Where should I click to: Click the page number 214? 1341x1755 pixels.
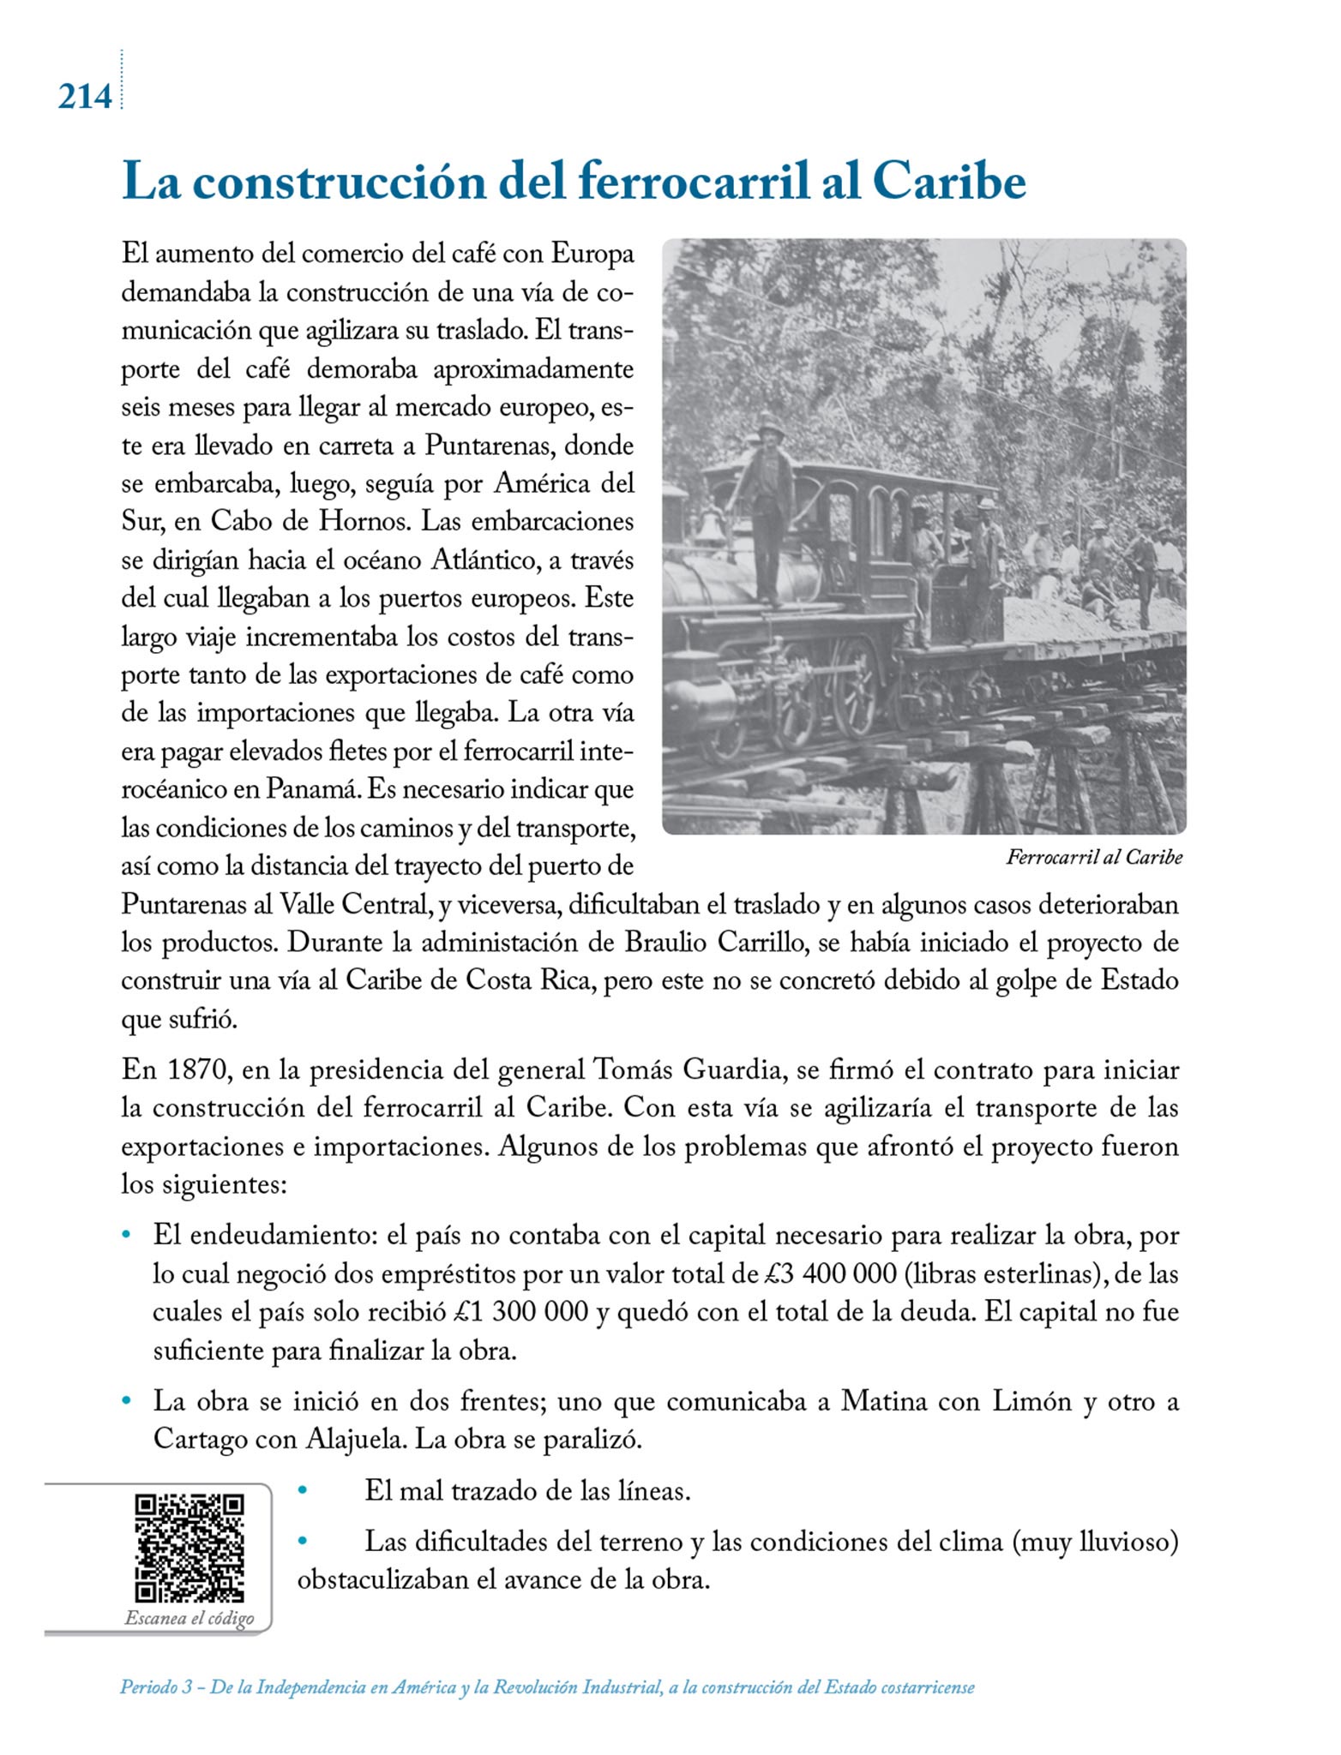pyautogui.click(x=85, y=97)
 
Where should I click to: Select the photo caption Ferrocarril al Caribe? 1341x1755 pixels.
pyautogui.click(x=1094, y=857)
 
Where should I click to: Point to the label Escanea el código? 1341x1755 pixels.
pyautogui.click(x=189, y=1619)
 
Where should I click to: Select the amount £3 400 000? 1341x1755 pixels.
pyautogui.click(x=829, y=1274)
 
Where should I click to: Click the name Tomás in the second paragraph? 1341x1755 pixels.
pyautogui.click(x=630, y=1070)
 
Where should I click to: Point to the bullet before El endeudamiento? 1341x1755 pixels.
pyautogui.click(x=128, y=1237)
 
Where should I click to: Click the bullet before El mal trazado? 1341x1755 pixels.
pyautogui.click(x=302, y=1491)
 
